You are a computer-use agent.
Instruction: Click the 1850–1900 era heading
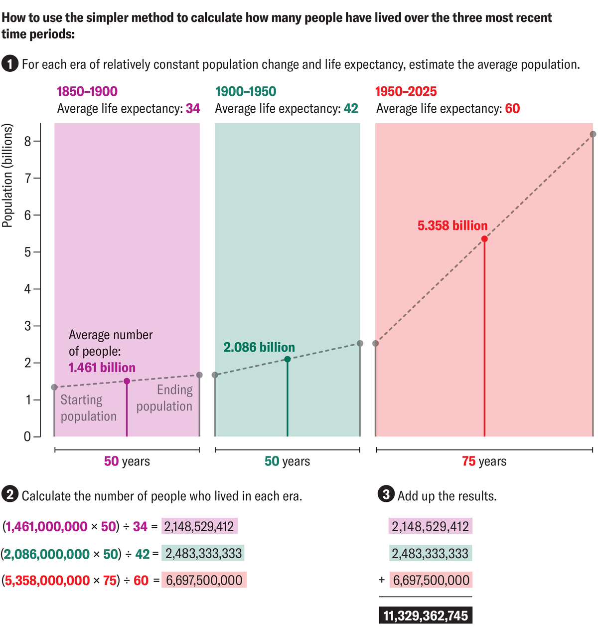[x=87, y=91]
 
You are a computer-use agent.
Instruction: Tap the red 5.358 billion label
[x=452, y=225]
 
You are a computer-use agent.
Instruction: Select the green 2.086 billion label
[x=259, y=347]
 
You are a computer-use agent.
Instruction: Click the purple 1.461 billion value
[x=102, y=368]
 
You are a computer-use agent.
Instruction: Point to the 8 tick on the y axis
[x=28, y=141]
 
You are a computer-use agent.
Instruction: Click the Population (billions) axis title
[x=7, y=176]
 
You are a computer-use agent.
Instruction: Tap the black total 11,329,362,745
[x=426, y=616]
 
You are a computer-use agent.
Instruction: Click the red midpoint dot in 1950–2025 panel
[x=484, y=239]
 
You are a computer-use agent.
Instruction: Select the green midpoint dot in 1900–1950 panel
[x=288, y=359]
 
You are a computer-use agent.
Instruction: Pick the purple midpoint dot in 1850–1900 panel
[x=127, y=381]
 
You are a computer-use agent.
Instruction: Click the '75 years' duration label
[x=484, y=461]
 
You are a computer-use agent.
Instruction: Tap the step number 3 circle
[x=386, y=495]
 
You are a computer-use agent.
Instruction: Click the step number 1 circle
[x=9, y=64]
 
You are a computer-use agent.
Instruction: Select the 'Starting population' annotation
[x=88, y=408]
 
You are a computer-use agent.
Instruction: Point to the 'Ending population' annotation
[x=164, y=398]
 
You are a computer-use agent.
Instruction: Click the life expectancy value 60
[x=512, y=109]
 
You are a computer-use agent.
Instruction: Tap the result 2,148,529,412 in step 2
[x=199, y=526]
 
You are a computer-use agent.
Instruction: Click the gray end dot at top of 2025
[x=593, y=134]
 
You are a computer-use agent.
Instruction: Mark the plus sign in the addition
[x=382, y=580]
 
